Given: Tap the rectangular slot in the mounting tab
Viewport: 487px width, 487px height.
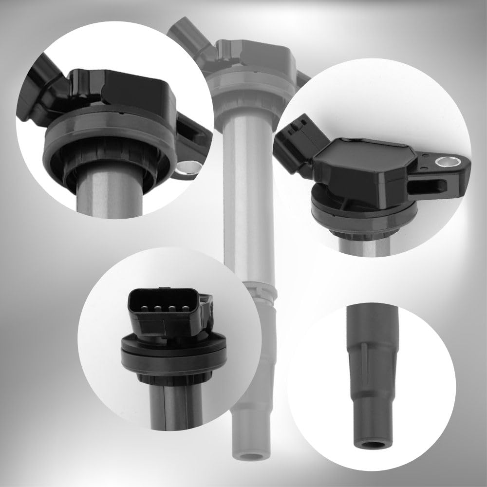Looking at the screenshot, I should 427,186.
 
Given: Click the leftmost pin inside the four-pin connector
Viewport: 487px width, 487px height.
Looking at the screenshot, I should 140,308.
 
